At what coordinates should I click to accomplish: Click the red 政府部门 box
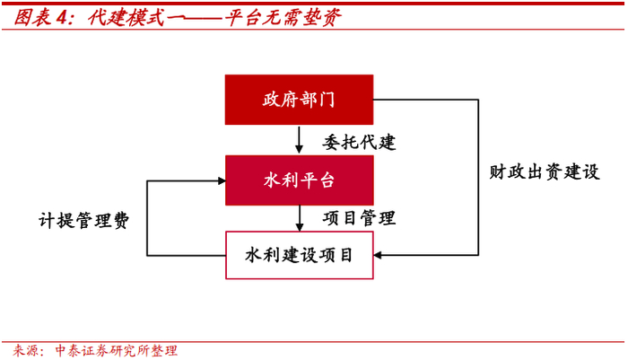click(299, 99)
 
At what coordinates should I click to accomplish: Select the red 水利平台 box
click(299, 180)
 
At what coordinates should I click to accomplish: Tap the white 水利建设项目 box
click(299, 255)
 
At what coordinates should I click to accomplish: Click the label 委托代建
click(359, 141)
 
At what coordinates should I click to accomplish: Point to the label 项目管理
click(359, 217)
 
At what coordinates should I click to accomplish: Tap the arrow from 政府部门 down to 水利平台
click(299, 139)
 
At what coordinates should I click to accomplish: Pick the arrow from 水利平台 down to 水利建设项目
click(299, 217)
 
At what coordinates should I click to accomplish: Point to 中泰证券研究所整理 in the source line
click(117, 350)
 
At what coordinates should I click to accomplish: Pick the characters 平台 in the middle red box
click(317, 180)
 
